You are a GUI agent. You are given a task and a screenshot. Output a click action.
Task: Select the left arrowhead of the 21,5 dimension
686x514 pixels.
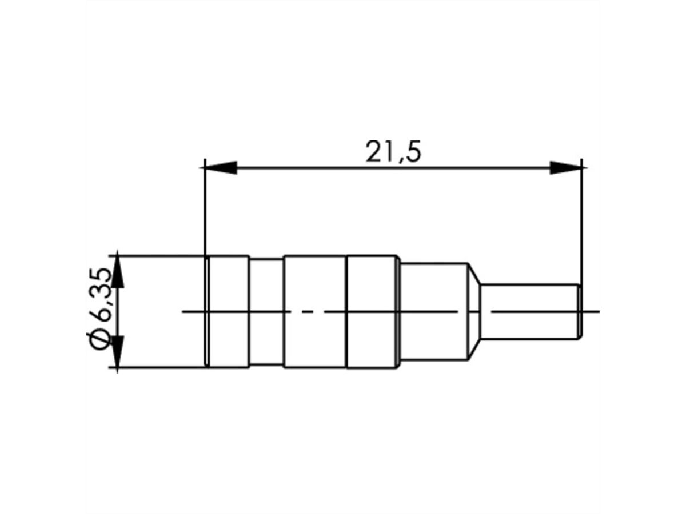221,168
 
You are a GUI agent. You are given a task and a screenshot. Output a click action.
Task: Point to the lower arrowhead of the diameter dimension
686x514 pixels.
118,351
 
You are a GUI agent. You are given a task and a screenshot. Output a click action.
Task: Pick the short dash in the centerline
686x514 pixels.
307,311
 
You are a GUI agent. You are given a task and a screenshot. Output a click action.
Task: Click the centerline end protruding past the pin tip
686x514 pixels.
592,312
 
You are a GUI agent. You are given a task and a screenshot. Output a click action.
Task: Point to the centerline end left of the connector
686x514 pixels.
192,311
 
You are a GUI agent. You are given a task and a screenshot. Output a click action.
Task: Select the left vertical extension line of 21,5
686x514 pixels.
204,211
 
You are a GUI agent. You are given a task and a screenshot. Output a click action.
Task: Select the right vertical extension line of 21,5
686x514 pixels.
582,223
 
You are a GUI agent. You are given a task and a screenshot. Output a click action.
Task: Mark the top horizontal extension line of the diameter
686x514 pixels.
160,256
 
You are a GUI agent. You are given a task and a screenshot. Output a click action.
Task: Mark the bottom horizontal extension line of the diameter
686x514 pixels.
160,367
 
